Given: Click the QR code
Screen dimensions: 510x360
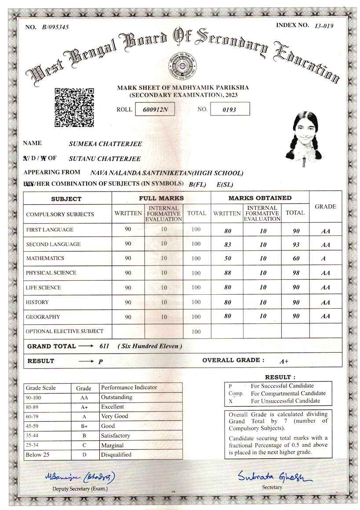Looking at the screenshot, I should (74, 107).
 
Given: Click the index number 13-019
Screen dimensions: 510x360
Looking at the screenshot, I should (324, 25).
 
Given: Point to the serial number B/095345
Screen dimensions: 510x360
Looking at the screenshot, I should (55, 27).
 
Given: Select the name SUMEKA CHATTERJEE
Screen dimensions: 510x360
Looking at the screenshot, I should (105, 144).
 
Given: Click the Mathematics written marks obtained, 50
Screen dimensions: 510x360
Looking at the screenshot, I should (228, 258).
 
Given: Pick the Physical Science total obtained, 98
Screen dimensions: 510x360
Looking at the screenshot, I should (296, 273).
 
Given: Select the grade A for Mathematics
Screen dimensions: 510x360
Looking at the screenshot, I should (324, 259).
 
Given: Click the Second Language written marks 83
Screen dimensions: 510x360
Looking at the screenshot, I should (228, 244).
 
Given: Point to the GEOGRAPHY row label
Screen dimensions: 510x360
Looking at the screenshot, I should (43, 317).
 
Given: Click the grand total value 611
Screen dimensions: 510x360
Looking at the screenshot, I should (104, 346).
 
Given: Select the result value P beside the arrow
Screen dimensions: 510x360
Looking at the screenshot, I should (101, 362).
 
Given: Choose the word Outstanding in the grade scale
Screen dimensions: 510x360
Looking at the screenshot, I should (116, 397).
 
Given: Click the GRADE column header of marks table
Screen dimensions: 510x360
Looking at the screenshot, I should (325, 206).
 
